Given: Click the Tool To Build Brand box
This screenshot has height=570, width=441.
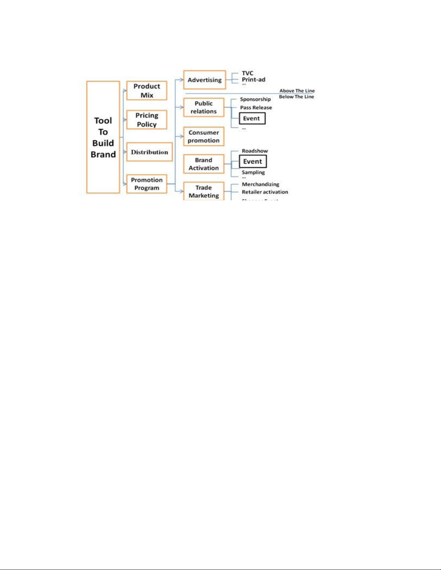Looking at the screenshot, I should [x=103, y=137].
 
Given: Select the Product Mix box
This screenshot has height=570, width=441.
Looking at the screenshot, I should [x=147, y=91].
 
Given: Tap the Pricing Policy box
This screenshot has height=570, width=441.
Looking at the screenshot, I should [x=147, y=120].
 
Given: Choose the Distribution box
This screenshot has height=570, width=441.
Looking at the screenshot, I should [x=149, y=152].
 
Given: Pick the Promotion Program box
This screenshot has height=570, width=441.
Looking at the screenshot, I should [x=147, y=184].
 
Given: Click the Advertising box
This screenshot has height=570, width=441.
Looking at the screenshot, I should [x=204, y=80].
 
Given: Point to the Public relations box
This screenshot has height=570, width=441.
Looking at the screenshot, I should [x=203, y=107].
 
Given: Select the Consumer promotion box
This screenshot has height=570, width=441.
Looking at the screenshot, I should [x=203, y=136].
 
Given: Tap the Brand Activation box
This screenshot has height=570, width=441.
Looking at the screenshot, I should [x=203, y=164].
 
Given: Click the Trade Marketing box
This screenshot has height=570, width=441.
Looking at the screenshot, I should [x=203, y=191].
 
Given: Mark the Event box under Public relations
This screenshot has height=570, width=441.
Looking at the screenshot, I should [x=252, y=118].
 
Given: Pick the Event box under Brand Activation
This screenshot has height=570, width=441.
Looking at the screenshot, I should [x=253, y=161].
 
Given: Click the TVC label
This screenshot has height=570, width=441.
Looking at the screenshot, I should [x=247, y=73].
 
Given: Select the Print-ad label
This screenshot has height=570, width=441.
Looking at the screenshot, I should [x=253, y=79].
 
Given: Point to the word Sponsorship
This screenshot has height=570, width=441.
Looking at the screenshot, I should [x=255, y=99].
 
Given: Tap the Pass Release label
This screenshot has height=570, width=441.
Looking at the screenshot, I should [x=256, y=108].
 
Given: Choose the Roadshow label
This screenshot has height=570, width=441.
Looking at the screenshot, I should [x=255, y=151].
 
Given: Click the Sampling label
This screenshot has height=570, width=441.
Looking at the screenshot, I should [x=253, y=172].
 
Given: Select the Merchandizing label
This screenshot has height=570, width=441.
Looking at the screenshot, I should [x=260, y=184].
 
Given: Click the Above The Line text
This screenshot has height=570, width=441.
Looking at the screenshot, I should [x=297, y=91].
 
